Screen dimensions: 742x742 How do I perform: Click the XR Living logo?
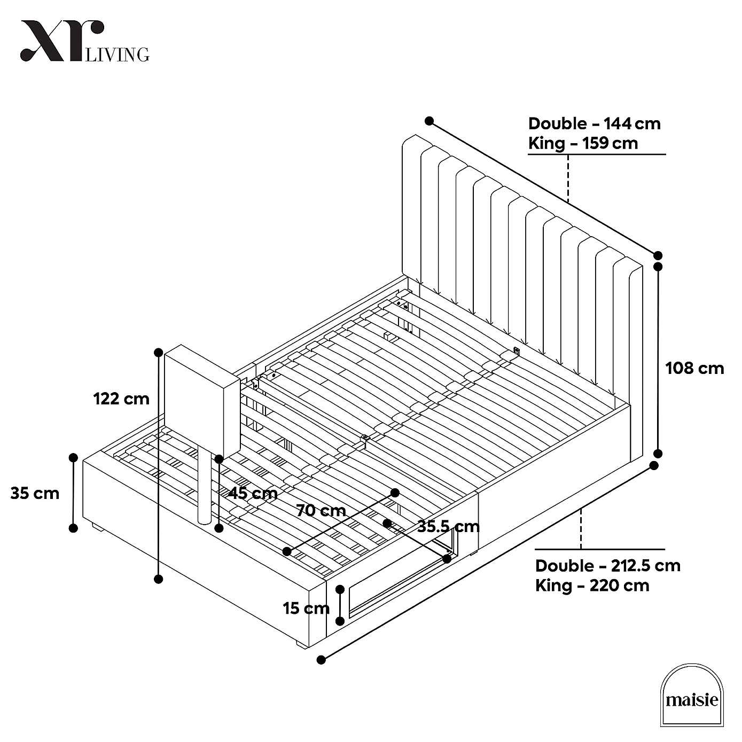[x=84, y=42]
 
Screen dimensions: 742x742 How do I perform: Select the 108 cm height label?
[x=694, y=368]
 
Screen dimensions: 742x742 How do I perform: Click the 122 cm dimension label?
[x=121, y=399]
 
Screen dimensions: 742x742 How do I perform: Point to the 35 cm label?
[x=35, y=493]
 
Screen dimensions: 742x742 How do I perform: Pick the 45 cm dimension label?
[x=253, y=493]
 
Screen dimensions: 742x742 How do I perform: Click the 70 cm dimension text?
[x=321, y=511]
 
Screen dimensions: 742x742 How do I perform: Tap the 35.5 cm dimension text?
[x=448, y=527]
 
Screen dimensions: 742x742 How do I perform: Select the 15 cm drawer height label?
[x=306, y=608]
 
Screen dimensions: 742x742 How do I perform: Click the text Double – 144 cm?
[x=594, y=123]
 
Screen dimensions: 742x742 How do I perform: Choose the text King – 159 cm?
[x=583, y=143]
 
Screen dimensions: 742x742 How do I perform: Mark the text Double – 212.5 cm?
[x=607, y=565]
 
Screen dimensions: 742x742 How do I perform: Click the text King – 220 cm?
[x=592, y=585]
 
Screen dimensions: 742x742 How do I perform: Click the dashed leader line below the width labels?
[x=568, y=178]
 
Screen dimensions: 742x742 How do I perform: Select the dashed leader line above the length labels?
[x=581, y=528]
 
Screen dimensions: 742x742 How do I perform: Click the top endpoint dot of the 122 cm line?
[x=158, y=352]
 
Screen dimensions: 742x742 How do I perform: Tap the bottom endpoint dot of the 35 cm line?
[x=74, y=528]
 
